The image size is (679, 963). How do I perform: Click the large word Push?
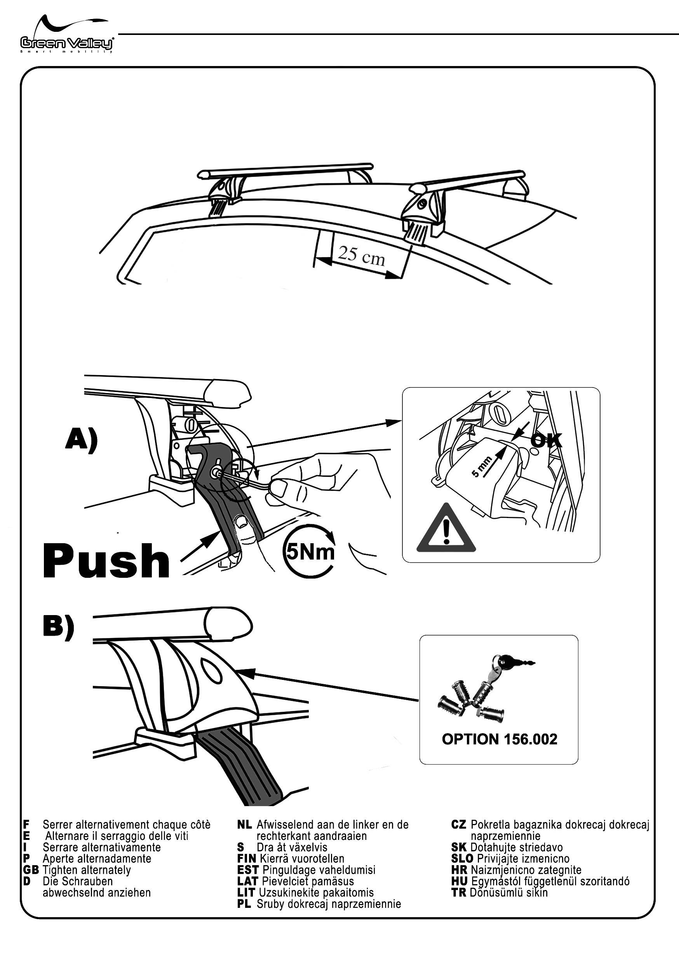106,561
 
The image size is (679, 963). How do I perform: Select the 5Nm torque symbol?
310,551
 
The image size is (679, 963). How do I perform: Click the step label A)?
82,440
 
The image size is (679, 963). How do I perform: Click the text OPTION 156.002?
500,739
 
